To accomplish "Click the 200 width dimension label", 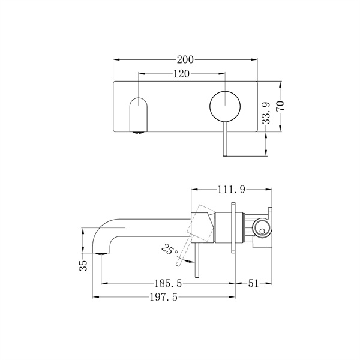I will (185, 59).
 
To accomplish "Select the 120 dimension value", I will (182, 74).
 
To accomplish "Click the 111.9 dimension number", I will (231, 190).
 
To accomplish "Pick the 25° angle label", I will (169, 248).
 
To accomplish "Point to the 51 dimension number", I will (254, 283).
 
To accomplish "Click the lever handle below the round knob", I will (224, 141).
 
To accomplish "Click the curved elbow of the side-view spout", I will (99, 232).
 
